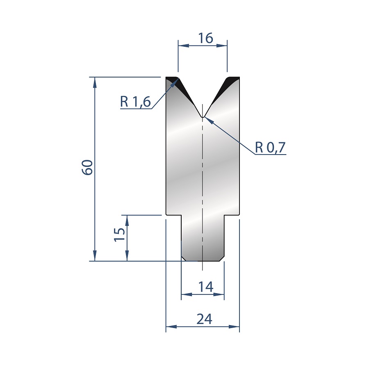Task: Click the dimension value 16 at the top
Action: (205, 38)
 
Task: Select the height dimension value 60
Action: (87, 167)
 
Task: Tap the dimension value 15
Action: (120, 235)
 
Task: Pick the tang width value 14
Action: (206, 287)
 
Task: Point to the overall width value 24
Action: (204, 319)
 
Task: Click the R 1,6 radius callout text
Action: (135, 102)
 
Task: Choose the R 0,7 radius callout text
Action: (270, 148)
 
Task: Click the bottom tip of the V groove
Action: (203, 117)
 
